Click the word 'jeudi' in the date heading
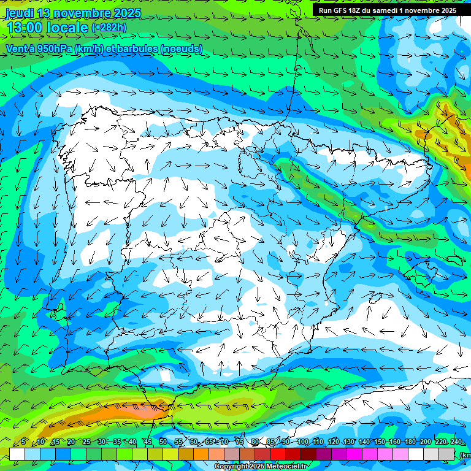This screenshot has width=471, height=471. [20, 13]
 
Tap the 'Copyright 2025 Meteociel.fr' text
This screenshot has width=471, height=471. [261, 467]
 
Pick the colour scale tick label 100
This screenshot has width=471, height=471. [302, 442]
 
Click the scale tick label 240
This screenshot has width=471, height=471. [456, 442]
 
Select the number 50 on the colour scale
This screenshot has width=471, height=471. [163, 442]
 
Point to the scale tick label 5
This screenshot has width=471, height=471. [23, 442]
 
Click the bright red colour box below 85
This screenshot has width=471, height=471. [278, 454]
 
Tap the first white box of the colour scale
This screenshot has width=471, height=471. [17, 454]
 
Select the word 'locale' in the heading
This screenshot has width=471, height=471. [69, 28]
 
